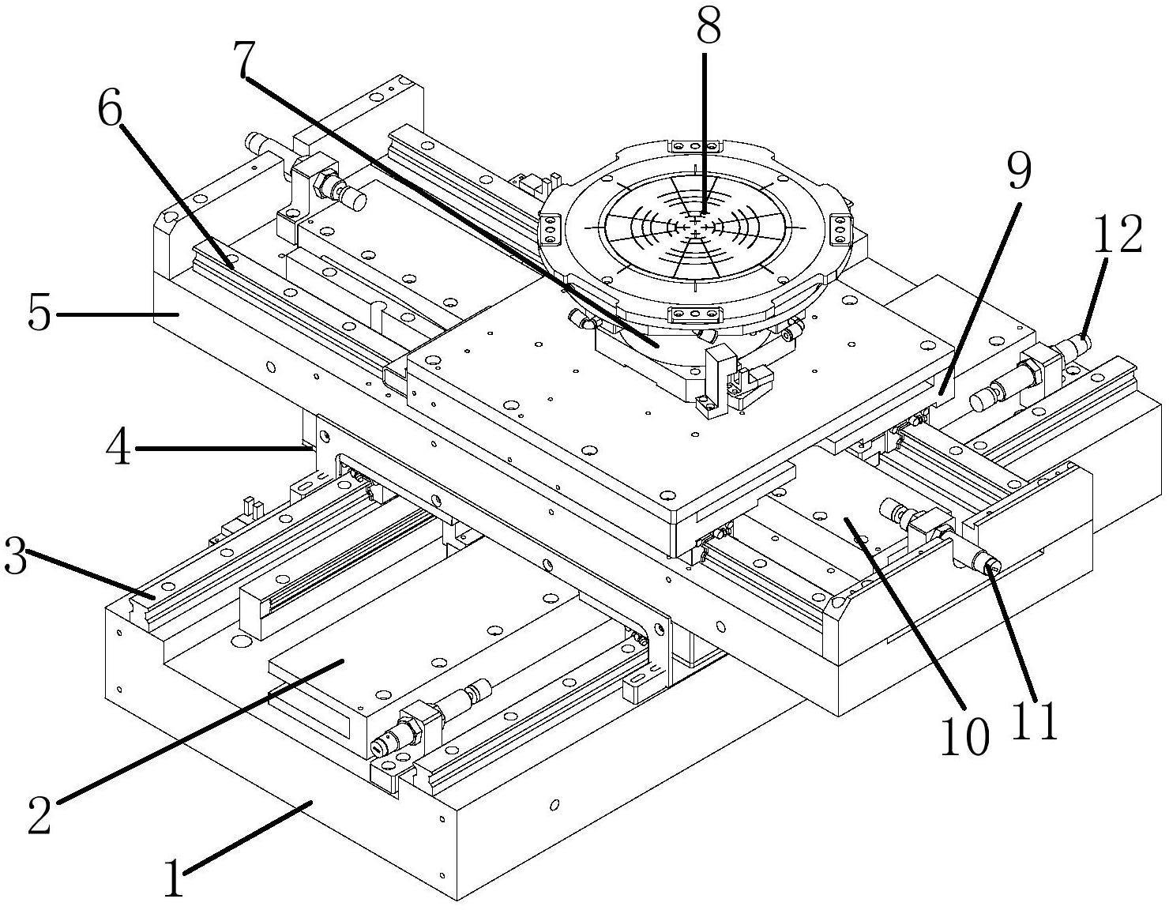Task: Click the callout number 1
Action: pyautogui.click(x=173, y=878)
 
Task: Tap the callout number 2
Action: pyautogui.click(x=39, y=814)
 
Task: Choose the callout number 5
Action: pyautogui.click(x=39, y=314)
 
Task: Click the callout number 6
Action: pyautogui.click(x=111, y=111)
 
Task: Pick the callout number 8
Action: pyautogui.click(x=708, y=26)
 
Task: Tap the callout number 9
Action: pyautogui.click(x=1019, y=171)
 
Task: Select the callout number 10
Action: pyautogui.click(x=964, y=737)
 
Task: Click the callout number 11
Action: pyautogui.click(x=1035, y=720)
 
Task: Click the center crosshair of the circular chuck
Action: pyautogui.click(x=694, y=226)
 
